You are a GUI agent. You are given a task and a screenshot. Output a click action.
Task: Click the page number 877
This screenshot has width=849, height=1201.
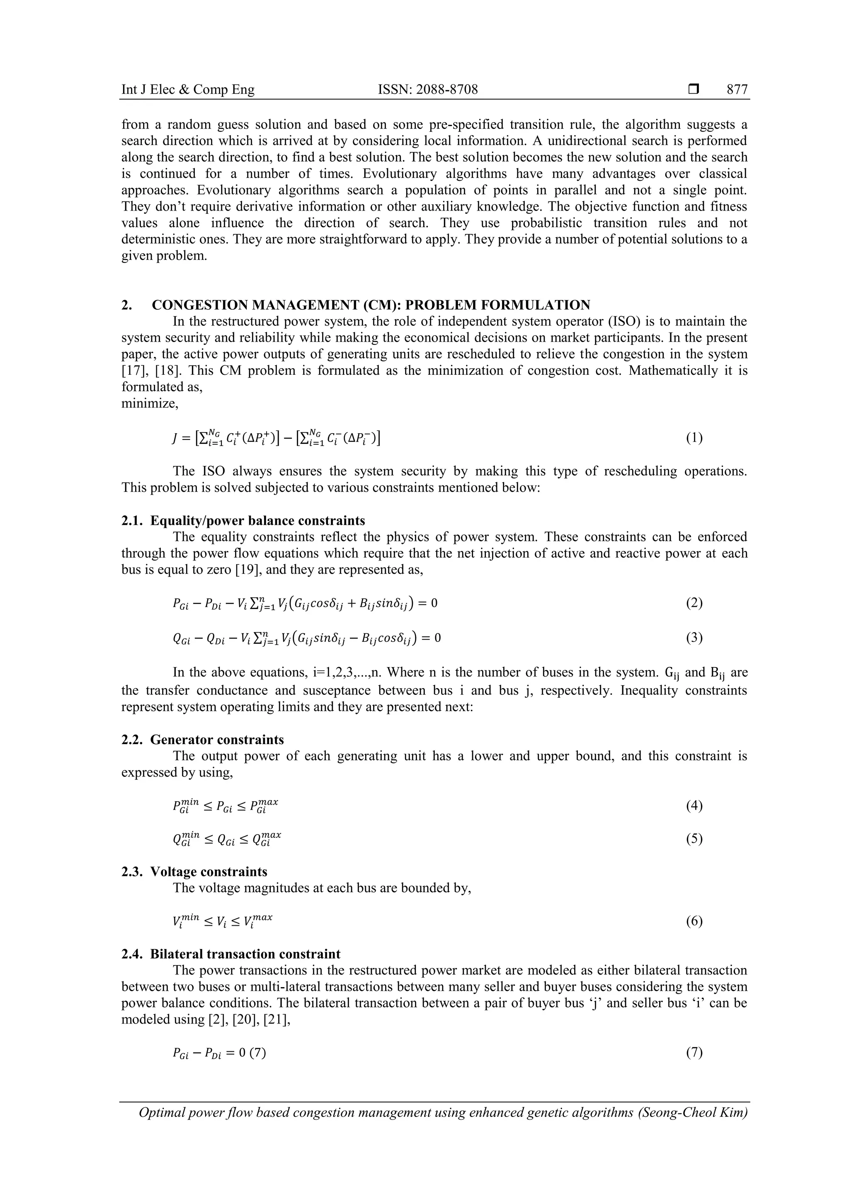coord(737,90)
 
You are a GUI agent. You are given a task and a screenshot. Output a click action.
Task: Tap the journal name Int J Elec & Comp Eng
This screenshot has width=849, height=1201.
coord(188,90)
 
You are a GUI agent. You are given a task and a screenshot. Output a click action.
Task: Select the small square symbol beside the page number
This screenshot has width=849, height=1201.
coord(694,90)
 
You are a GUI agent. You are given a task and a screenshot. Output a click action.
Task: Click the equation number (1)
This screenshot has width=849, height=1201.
coord(694,438)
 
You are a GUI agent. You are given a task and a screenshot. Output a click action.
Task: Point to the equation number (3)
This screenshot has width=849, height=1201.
coord(694,638)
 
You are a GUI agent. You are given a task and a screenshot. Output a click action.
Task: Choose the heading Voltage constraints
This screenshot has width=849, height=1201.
coord(208,872)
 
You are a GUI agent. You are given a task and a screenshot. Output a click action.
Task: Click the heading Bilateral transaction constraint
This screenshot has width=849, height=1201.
coord(245,954)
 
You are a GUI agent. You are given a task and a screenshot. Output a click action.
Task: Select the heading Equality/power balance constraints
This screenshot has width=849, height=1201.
coord(257,520)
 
